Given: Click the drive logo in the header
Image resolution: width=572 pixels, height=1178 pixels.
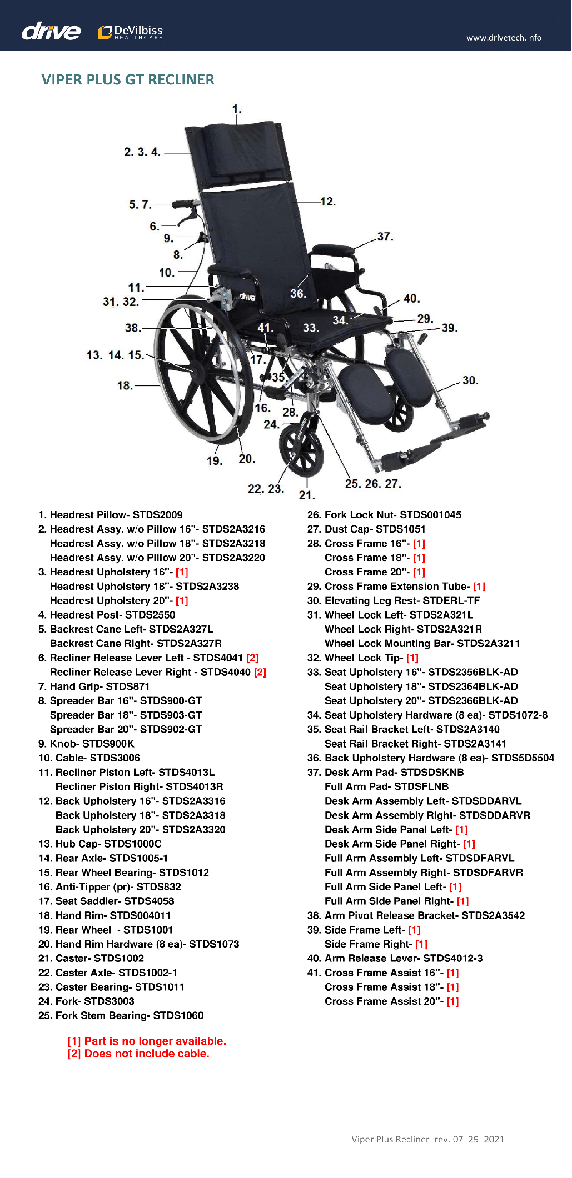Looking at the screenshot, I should click(x=51, y=31).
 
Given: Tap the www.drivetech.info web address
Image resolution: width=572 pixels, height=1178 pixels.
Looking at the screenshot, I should click(x=504, y=38).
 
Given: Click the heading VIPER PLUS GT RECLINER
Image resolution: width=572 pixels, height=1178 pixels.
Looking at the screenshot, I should click(x=128, y=79).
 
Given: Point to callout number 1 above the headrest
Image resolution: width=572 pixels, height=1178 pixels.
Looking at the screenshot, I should click(x=236, y=109).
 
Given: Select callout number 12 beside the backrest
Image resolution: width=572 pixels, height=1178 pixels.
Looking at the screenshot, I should click(x=327, y=202).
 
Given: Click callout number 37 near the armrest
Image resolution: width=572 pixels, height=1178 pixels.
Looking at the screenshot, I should click(x=385, y=237).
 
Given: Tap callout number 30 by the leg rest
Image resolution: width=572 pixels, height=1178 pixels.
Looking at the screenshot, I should click(x=470, y=380).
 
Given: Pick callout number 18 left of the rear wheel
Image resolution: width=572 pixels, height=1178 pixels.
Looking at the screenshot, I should click(x=125, y=385).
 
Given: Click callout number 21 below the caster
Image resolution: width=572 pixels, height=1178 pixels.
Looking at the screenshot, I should click(x=306, y=495).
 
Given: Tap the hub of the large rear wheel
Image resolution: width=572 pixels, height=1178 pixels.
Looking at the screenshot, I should click(x=192, y=370).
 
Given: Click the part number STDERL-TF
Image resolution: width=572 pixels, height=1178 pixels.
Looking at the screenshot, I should click(x=451, y=601).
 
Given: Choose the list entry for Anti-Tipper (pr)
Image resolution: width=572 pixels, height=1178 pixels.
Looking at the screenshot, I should click(x=110, y=887).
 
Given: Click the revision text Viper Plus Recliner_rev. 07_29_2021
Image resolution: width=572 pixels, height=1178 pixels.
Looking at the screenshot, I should click(x=427, y=1139).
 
